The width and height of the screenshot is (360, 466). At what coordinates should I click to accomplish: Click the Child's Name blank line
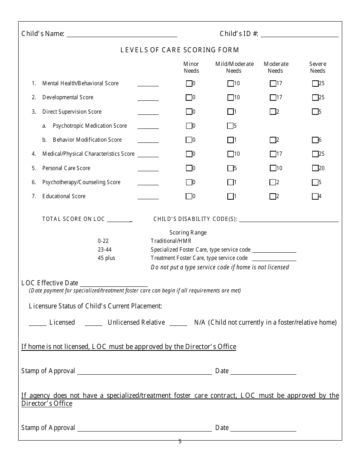click(x=122, y=34)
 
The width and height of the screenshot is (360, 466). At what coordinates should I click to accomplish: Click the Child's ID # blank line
click(x=299, y=34)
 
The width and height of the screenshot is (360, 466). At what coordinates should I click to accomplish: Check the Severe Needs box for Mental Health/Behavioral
click(x=315, y=83)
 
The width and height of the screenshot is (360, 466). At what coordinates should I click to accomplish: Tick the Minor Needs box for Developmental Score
click(x=189, y=98)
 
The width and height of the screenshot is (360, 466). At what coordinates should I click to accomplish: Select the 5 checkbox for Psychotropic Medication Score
click(x=230, y=126)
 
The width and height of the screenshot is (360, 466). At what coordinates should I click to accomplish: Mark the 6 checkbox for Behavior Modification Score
click(x=315, y=140)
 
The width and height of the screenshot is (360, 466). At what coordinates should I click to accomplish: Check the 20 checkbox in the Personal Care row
click(x=315, y=168)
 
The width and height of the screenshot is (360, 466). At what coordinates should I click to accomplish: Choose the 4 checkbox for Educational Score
click(x=315, y=197)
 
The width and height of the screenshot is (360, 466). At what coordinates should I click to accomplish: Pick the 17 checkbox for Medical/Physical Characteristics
click(x=273, y=154)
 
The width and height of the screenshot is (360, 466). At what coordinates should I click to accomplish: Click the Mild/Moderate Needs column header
click(x=234, y=67)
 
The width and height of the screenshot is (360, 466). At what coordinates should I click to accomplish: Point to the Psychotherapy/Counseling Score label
click(x=81, y=182)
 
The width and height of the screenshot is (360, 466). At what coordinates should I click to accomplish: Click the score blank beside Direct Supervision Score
click(x=148, y=112)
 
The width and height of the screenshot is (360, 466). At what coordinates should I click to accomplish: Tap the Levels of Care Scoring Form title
click(x=180, y=50)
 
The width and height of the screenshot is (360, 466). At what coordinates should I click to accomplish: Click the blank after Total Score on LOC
click(x=119, y=220)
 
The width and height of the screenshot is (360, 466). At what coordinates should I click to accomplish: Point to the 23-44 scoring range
click(x=105, y=250)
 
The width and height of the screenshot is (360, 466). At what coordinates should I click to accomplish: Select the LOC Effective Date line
click(x=114, y=284)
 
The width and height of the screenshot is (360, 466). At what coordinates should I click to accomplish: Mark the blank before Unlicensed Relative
click(x=94, y=323)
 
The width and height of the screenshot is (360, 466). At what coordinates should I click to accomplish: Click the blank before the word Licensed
click(x=38, y=323)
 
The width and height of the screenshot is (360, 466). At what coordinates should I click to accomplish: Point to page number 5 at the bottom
click(x=180, y=441)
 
